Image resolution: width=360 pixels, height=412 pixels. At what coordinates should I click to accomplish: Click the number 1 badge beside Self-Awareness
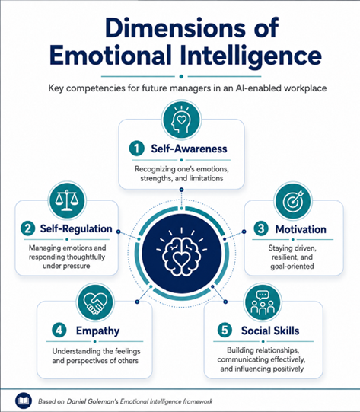137,149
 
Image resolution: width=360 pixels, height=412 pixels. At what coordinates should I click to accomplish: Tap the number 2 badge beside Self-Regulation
28,228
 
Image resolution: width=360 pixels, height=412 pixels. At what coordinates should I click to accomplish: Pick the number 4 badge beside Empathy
59,330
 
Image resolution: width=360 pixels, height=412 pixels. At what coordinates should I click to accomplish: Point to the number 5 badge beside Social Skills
225,330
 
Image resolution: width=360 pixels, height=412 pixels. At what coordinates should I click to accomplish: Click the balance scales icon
67,201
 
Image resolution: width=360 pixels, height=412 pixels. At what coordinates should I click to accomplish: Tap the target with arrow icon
293,201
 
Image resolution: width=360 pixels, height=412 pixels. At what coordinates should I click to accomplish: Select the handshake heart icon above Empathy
95,302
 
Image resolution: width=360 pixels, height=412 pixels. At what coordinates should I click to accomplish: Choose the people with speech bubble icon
263,302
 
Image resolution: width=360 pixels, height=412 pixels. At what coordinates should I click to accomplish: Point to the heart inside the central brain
181,259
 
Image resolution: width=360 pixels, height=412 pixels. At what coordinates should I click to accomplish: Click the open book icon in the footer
24,401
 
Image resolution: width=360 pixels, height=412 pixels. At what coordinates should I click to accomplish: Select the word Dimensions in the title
175,27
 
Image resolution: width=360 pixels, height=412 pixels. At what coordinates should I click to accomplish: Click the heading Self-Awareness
189,149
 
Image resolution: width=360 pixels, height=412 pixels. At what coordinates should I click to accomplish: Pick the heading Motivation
301,229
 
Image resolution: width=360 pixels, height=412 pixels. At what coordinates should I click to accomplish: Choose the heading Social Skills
270,331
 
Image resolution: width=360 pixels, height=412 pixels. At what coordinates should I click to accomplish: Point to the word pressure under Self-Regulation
78,266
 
